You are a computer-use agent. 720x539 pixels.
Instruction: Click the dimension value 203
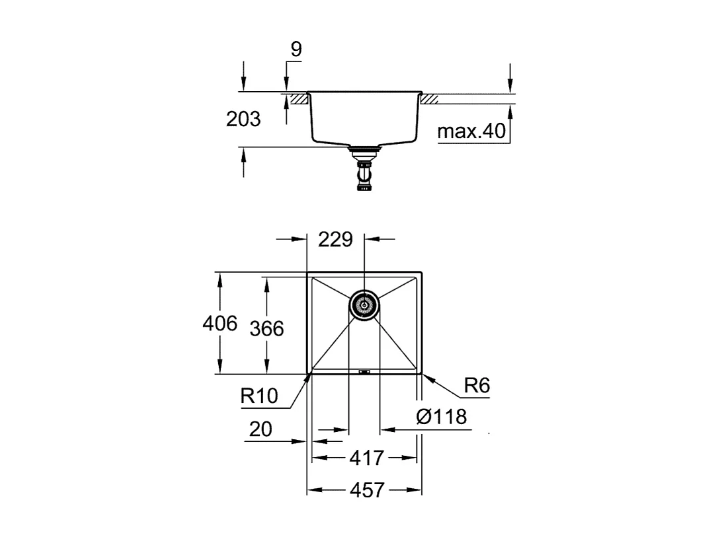[x=243, y=120]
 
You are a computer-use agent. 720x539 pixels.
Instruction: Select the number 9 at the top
[x=295, y=50]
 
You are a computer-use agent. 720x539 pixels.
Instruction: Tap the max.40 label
[x=471, y=131]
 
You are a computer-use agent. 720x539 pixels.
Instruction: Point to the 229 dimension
[x=336, y=239]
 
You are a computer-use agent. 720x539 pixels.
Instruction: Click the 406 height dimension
[x=220, y=324]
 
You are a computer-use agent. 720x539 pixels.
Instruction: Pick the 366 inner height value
[x=266, y=328]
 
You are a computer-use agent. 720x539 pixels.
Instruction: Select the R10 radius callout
[x=259, y=396]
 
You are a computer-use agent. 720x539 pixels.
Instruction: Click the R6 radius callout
[x=476, y=386]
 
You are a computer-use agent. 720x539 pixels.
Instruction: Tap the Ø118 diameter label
[x=442, y=417]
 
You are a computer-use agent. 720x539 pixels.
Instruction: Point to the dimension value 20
[x=261, y=429]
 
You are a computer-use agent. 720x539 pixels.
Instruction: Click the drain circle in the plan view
[x=364, y=305]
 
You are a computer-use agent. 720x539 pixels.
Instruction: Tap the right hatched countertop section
[x=430, y=98]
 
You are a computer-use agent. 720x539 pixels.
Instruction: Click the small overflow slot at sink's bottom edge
[x=364, y=371]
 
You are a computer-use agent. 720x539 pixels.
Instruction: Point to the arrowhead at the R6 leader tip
[x=425, y=376]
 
